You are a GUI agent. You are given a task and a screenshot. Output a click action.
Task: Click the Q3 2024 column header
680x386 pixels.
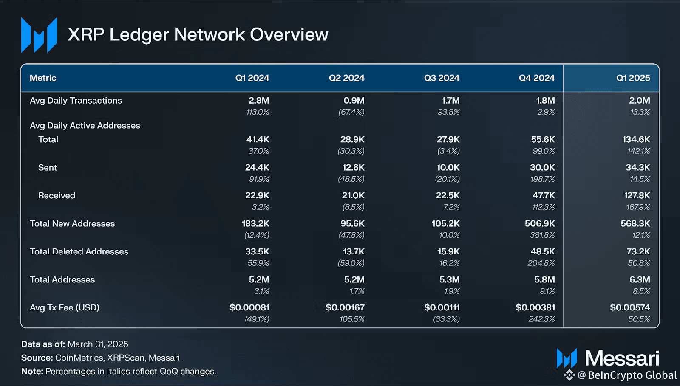click(x=442, y=78)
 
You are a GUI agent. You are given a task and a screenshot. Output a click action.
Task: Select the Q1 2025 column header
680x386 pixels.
click(x=633, y=78)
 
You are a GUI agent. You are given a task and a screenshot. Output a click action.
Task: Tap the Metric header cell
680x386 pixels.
click(x=43, y=78)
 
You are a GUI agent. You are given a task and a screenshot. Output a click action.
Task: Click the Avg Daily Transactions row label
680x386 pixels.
click(x=76, y=101)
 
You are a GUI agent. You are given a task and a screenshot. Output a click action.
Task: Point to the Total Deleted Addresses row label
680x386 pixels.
click(x=79, y=252)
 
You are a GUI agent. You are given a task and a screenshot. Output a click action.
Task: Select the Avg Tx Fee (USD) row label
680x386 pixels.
click(x=65, y=308)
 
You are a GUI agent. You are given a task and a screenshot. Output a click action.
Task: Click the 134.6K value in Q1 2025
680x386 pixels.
click(x=636, y=140)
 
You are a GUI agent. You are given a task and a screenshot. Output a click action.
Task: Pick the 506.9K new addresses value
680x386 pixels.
click(x=540, y=224)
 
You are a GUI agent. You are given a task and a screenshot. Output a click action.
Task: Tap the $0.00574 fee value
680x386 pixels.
click(x=630, y=308)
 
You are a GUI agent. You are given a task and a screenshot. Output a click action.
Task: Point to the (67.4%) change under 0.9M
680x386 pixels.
click(x=351, y=112)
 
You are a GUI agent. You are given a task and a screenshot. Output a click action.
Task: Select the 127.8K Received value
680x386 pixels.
click(x=636, y=196)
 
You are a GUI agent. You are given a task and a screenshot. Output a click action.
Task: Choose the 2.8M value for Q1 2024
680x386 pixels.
click(x=259, y=101)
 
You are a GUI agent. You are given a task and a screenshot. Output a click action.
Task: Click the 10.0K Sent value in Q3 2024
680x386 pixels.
click(x=448, y=168)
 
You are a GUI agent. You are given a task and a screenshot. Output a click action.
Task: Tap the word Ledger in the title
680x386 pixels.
click(x=139, y=35)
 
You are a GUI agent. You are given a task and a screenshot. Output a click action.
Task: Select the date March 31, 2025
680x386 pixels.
click(x=98, y=344)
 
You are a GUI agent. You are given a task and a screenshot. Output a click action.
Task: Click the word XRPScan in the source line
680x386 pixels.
click(x=126, y=358)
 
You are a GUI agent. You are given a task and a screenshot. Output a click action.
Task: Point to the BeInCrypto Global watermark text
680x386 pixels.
click(x=632, y=375)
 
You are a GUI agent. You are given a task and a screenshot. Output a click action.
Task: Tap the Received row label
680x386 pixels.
click(x=57, y=196)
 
